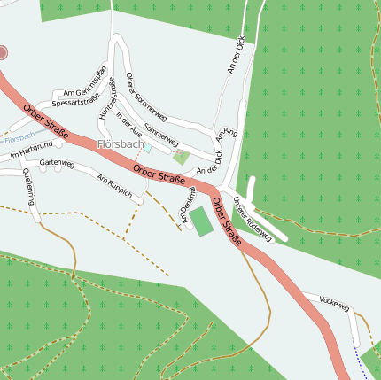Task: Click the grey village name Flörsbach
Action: (121, 143)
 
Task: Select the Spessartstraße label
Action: (76, 103)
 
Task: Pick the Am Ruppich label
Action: (114, 184)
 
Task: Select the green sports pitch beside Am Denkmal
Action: (202, 221)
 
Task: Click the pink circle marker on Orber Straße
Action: (3, 53)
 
